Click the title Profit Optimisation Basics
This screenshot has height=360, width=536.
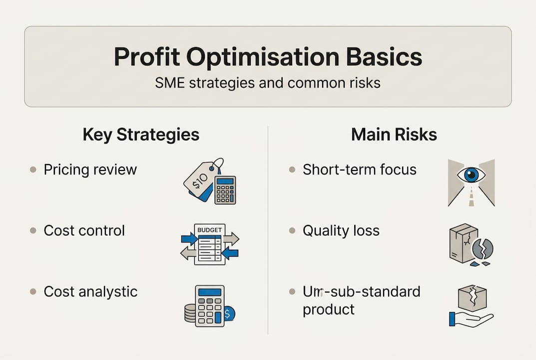(x=268, y=57)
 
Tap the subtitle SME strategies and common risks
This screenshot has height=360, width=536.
(x=268, y=82)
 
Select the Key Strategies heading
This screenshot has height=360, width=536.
(x=141, y=134)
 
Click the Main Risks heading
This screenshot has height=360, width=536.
(x=394, y=134)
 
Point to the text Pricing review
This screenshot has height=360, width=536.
(x=90, y=169)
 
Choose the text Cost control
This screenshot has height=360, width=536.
(x=84, y=230)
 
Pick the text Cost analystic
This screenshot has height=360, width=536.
(x=90, y=291)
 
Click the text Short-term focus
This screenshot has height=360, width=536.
(x=359, y=169)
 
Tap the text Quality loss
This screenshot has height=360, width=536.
(x=341, y=230)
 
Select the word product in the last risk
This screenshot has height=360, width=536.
(x=328, y=309)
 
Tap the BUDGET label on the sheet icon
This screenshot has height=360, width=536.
(x=209, y=229)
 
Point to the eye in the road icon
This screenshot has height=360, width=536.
(x=471, y=175)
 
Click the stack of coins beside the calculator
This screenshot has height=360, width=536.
(x=190, y=313)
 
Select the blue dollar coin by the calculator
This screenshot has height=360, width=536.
(x=228, y=314)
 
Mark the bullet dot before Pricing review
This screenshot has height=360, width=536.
(x=33, y=170)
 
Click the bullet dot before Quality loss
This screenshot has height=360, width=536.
(x=292, y=231)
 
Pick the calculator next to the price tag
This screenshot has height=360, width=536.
(x=225, y=189)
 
